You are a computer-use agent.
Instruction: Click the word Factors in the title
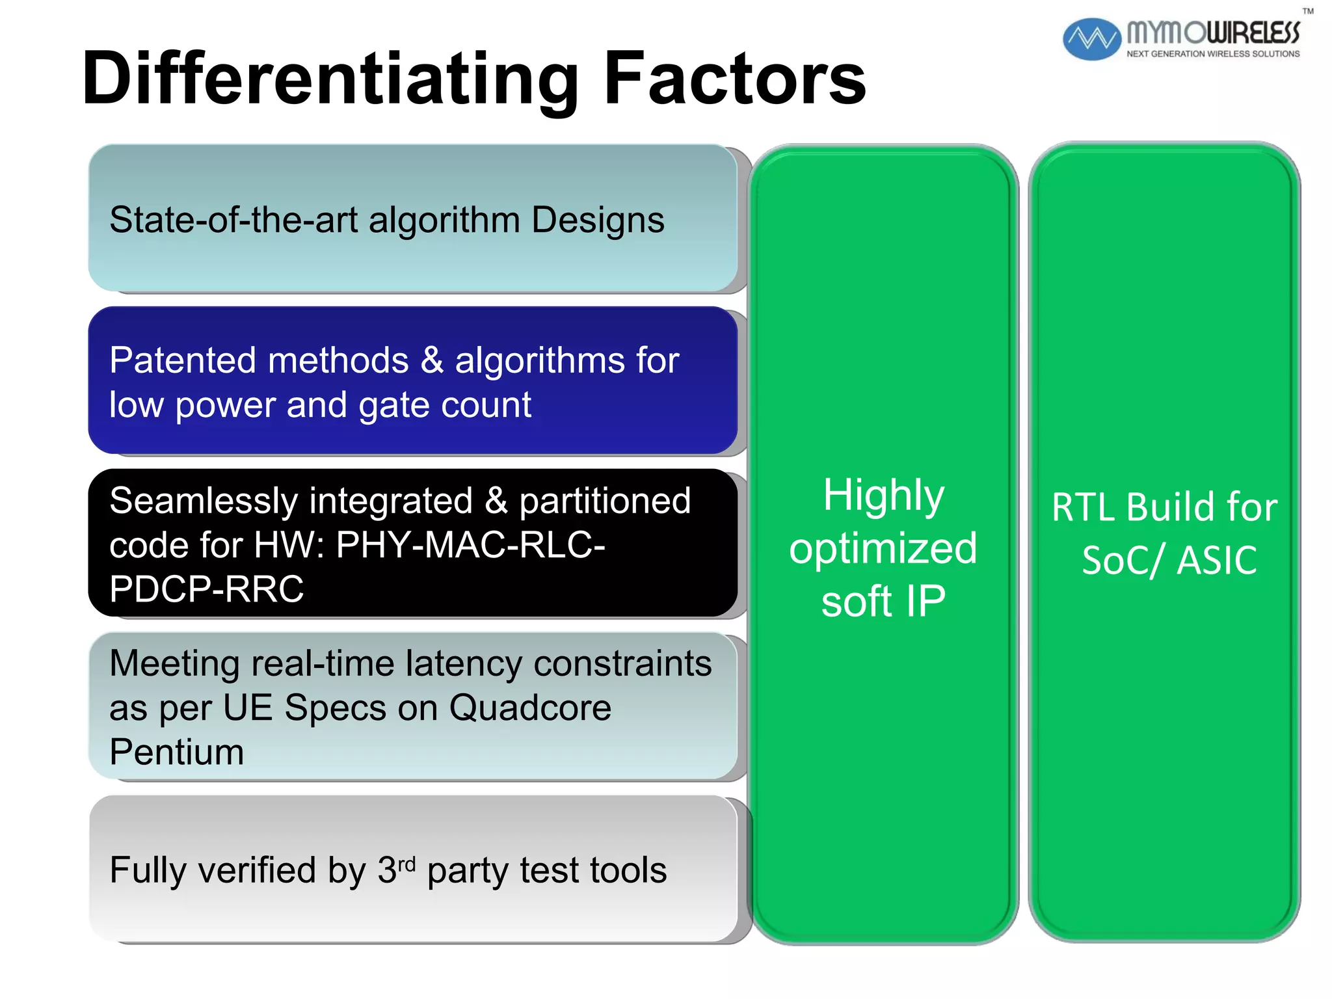click(x=735, y=79)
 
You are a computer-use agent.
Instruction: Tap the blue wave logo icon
click(x=1091, y=39)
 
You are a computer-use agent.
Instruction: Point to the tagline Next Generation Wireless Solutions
click(x=1212, y=54)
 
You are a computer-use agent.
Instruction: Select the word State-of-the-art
click(x=233, y=220)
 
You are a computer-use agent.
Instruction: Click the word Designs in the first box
click(x=598, y=220)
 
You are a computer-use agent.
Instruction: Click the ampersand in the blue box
click(x=432, y=360)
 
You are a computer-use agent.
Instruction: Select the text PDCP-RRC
click(x=206, y=589)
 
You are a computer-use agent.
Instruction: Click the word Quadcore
click(x=530, y=708)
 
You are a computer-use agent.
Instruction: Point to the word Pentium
click(x=176, y=753)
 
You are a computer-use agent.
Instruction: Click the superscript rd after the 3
click(x=406, y=864)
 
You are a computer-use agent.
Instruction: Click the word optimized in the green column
click(x=883, y=548)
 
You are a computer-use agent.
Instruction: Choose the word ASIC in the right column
click(x=1217, y=561)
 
